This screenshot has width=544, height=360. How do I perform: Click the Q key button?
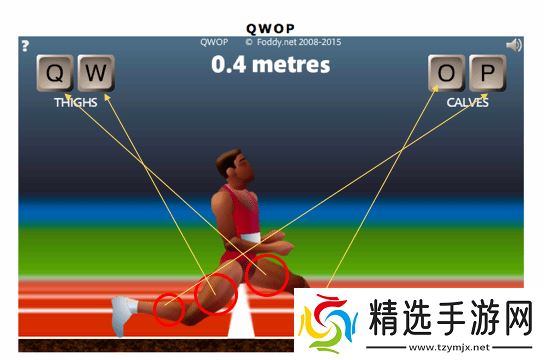56,73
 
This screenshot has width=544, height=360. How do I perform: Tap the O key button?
447,73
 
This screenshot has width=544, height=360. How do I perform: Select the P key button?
487,73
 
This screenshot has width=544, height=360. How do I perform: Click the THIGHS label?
75,102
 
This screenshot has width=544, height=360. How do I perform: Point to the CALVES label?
467,102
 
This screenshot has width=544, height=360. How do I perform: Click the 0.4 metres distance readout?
270,66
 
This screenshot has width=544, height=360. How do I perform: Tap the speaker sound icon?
514,45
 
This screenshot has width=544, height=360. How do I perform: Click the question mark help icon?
25,45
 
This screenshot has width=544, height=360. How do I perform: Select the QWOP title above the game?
270,28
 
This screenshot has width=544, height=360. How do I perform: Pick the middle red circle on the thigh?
217,292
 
